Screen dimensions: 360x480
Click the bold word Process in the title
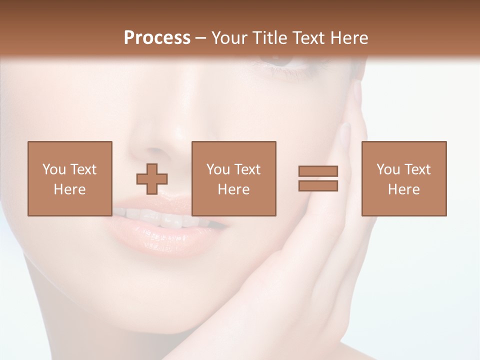[157, 37]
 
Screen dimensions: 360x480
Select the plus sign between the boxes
[152, 178]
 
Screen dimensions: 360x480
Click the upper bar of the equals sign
[318, 171]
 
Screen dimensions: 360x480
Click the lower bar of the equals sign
[318, 186]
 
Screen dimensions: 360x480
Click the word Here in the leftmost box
[70, 189]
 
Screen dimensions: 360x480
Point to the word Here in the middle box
[234, 189]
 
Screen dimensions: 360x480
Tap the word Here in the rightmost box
[404, 189]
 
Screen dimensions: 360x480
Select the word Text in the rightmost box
[417, 169]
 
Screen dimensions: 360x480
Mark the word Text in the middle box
[247, 169]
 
